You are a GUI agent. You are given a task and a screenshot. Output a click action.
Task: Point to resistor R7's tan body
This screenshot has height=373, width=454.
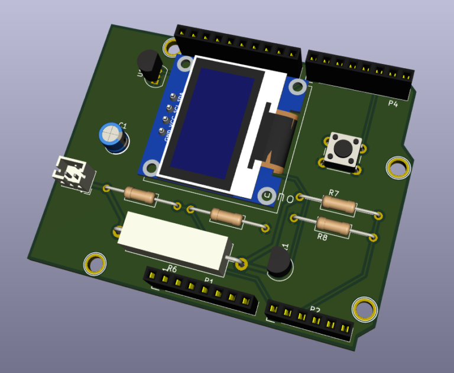339,204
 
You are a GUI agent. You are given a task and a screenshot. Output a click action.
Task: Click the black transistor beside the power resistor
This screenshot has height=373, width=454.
278,261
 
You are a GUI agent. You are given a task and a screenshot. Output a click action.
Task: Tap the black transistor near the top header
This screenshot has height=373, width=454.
148,64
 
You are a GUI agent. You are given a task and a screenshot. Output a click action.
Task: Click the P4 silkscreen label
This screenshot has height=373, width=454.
393,104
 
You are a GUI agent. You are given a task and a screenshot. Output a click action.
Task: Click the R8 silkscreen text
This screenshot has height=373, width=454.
322,237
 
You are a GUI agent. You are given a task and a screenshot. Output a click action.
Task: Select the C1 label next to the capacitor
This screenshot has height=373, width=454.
123,125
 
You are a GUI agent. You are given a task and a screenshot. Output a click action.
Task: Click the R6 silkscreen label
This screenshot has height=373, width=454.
172,269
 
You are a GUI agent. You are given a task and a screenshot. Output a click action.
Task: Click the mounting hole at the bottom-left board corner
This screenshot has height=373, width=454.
95,263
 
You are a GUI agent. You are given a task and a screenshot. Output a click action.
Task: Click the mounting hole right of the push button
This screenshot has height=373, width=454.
398,167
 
